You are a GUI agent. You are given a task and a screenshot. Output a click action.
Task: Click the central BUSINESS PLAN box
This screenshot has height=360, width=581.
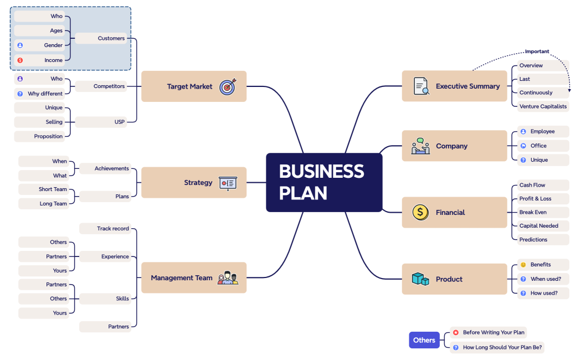[x=324, y=182]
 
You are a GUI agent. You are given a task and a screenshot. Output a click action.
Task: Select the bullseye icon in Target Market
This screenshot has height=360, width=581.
[x=228, y=86]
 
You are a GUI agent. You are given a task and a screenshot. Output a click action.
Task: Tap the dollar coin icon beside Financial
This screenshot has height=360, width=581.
[x=420, y=212]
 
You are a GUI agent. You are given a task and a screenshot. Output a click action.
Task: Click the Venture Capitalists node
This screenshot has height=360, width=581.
[x=542, y=106]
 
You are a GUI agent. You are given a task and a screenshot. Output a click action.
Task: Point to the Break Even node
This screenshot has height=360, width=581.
[x=533, y=212]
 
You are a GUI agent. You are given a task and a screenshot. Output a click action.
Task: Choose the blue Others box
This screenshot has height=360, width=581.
[x=424, y=340]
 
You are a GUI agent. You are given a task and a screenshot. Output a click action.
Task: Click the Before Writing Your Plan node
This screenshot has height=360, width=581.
[x=489, y=332]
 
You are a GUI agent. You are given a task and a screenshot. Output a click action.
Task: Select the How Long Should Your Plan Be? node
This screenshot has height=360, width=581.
[x=497, y=347]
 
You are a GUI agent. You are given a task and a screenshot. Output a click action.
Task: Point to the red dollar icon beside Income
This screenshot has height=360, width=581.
[x=20, y=60]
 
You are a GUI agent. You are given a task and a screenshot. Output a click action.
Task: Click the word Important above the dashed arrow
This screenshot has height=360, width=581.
[x=537, y=52]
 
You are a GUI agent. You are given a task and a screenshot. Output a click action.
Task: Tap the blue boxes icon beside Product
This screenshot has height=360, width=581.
[x=420, y=279]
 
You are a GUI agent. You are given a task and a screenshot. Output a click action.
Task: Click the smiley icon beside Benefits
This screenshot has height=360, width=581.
[x=523, y=265]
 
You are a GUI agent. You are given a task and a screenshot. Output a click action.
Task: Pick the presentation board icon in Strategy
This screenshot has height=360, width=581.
[x=228, y=183]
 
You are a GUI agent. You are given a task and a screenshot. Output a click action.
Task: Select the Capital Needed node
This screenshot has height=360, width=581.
[x=538, y=225]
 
